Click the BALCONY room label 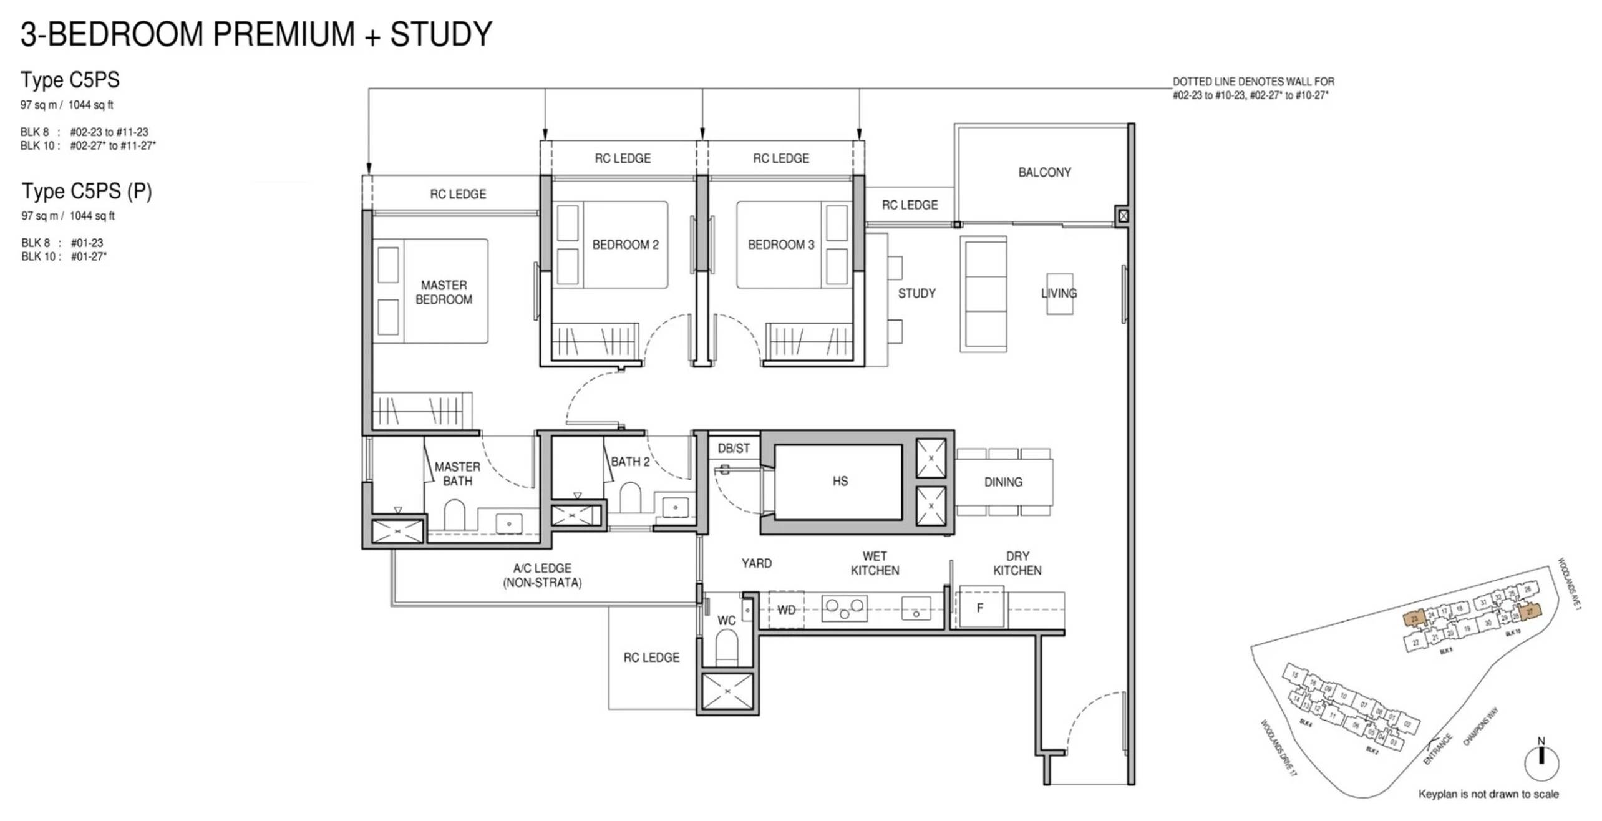coord(1044,172)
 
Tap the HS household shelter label coord(839,481)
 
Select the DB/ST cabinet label coord(733,448)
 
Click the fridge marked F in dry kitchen coord(979,608)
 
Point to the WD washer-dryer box coord(785,610)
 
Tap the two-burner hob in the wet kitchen coord(844,608)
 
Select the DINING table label coord(1002,482)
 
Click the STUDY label coord(916,293)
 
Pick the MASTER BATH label coord(457,474)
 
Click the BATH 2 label coord(629,462)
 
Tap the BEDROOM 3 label coord(780,245)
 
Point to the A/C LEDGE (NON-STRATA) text coord(541,575)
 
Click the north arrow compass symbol coord(1541,760)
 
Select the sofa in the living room coord(983,294)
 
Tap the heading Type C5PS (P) coord(87,191)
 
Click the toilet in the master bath coord(454,515)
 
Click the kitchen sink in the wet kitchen coord(915,609)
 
